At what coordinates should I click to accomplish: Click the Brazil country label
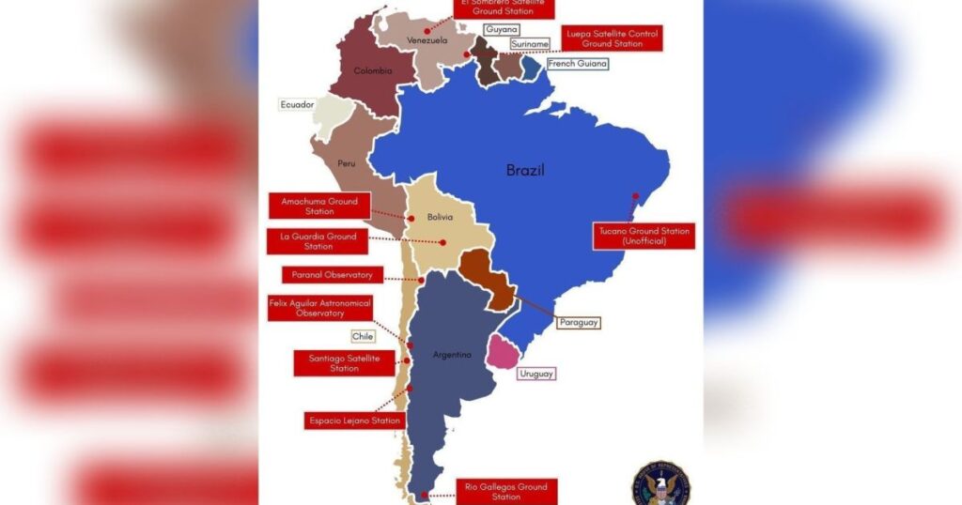point(525,170)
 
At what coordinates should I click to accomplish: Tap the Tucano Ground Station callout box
point(644,236)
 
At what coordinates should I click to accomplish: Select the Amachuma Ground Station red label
point(318,206)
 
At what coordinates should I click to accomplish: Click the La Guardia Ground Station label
point(318,241)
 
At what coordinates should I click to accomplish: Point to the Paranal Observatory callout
point(333,275)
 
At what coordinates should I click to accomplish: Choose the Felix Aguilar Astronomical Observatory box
point(319,308)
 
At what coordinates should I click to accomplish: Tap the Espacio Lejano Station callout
point(354,421)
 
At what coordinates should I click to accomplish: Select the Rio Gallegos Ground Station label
point(506,491)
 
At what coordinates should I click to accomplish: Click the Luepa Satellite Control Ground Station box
point(613,38)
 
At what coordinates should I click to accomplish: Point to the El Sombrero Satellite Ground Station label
point(503,8)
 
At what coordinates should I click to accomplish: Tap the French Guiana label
point(577,64)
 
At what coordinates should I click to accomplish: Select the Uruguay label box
point(535,374)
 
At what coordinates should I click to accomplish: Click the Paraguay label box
point(578,322)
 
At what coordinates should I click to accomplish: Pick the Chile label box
point(363,336)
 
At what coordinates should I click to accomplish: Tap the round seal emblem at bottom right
point(661,482)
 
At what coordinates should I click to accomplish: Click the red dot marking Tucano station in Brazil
point(636,197)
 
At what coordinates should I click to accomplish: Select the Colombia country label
point(372,70)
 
